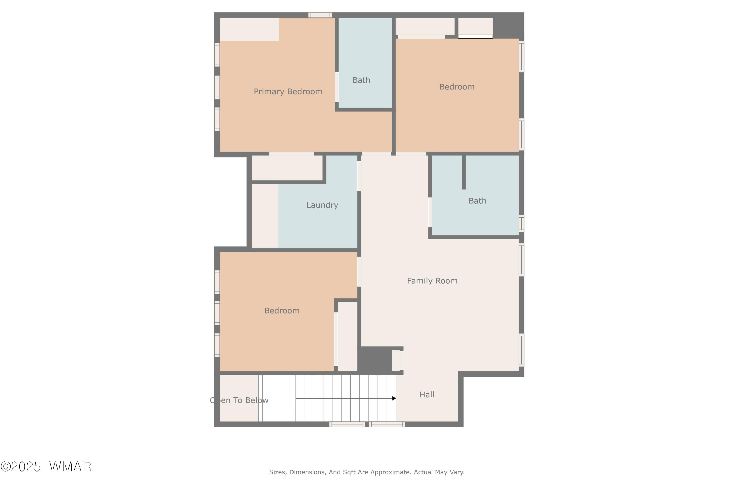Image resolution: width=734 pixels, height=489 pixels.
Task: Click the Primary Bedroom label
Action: (288, 92)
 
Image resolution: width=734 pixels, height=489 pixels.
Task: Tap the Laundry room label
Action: (322, 205)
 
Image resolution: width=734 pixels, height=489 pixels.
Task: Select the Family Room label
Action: (432, 281)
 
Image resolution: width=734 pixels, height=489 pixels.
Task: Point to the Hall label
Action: (427, 395)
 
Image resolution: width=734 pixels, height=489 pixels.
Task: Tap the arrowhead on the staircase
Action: (394, 399)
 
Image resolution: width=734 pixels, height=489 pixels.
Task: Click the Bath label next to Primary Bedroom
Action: (361, 80)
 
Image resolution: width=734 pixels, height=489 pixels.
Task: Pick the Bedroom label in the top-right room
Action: (457, 87)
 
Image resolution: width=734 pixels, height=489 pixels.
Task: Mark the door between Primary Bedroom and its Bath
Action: (336, 87)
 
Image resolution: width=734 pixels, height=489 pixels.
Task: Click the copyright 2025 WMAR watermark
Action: (46, 467)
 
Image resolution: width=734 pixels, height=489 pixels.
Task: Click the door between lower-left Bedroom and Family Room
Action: (359, 271)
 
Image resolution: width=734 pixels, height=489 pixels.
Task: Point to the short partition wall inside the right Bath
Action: (464, 172)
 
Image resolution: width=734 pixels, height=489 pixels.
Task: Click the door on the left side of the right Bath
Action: (430, 212)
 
